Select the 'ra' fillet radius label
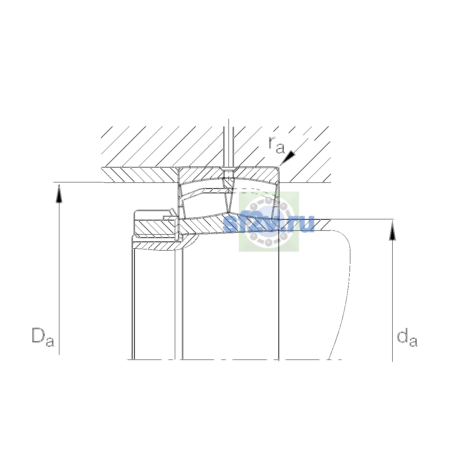[276, 145]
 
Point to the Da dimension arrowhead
[59, 194]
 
